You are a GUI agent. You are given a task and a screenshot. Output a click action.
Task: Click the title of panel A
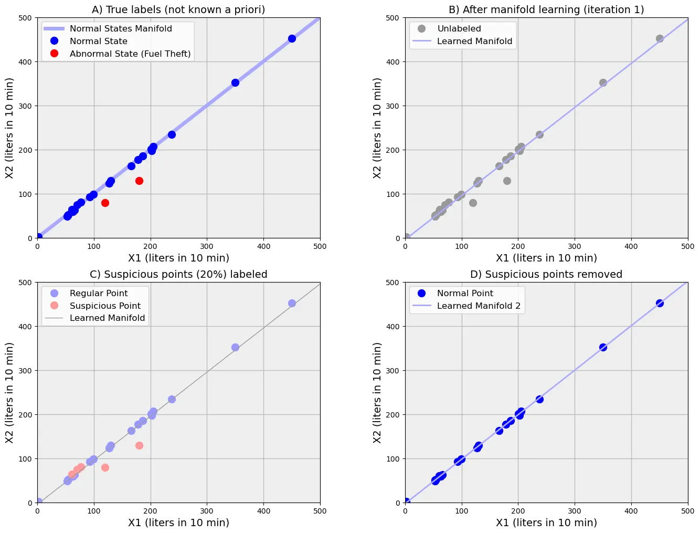pyautogui.click(x=178, y=9)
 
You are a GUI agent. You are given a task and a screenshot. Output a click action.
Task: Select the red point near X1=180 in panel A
pyautogui.click(x=139, y=181)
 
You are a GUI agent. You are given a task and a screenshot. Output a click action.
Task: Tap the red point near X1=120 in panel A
pyautogui.click(x=105, y=203)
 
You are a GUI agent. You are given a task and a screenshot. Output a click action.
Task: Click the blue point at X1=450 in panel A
pyautogui.click(x=292, y=38)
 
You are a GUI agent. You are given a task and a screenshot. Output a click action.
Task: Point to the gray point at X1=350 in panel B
pyautogui.click(x=603, y=82)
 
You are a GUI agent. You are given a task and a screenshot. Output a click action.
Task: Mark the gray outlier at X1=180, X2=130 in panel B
pyautogui.click(x=507, y=181)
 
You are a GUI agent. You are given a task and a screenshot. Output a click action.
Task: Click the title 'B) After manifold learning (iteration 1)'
pyautogui.click(x=546, y=9)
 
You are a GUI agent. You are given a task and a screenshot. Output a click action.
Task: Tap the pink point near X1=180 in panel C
pyautogui.click(x=139, y=445)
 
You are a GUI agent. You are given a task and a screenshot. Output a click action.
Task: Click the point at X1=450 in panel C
pyautogui.click(x=292, y=303)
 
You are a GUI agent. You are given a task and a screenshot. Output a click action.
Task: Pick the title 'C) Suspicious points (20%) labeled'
pyautogui.click(x=178, y=274)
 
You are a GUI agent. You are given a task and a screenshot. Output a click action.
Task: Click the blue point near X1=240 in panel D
pyautogui.click(x=539, y=399)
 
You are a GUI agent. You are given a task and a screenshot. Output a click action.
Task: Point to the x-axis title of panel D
pyautogui.click(x=546, y=522)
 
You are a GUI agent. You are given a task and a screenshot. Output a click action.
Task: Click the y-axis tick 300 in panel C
pyautogui.click(x=25, y=371)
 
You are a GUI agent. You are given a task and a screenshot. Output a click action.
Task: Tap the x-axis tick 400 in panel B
pyautogui.click(x=631, y=246)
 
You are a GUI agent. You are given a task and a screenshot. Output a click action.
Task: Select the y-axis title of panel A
pyautogui.click(x=9, y=128)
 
